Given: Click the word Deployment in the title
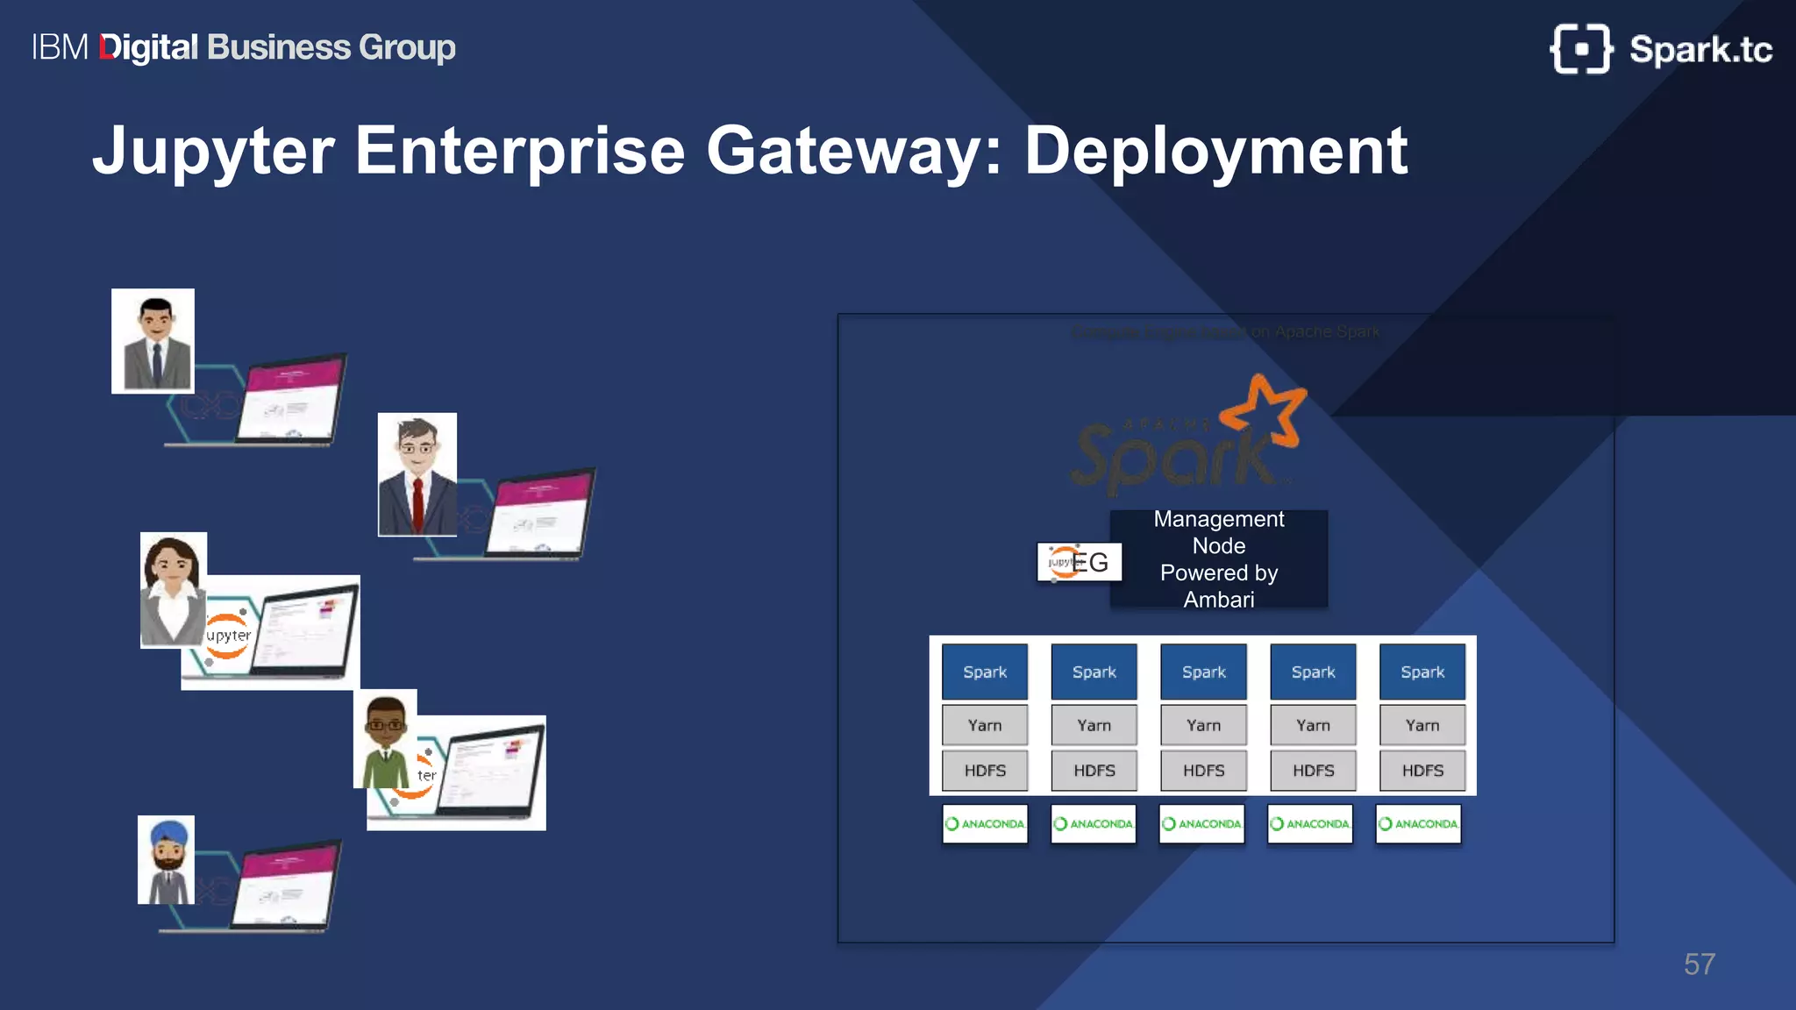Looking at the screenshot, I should click(x=1215, y=151).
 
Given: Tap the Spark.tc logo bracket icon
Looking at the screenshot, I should click(x=1580, y=49).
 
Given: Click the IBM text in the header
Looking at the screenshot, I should click(x=60, y=47).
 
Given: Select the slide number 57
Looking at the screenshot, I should click(x=1699, y=964).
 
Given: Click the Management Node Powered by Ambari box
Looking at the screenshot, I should click(x=1218, y=558).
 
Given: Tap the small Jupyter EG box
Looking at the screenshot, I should click(x=1079, y=562).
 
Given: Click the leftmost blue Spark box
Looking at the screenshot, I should click(x=984, y=672).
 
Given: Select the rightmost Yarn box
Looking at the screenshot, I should click(x=1422, y=725).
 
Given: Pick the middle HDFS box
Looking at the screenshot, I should click(x=1203, y=770).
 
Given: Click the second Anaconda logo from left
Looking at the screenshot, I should click(x=1093, y=823).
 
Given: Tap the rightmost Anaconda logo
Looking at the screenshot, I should click(x=1418, y=823).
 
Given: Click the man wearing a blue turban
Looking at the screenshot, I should click(x=166, y=859).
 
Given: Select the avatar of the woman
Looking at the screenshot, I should click(x=173, y=589).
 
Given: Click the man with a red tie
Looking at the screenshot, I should click(x=417, y=474).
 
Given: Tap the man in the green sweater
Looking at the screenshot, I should click(x=385, y=739).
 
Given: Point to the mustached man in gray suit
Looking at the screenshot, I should click(x=153, y=341).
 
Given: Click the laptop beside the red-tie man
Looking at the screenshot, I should click(x=537, y=515).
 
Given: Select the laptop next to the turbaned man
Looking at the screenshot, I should click(x=286, y=886).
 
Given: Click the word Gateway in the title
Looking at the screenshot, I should click(x=853, y=151).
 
